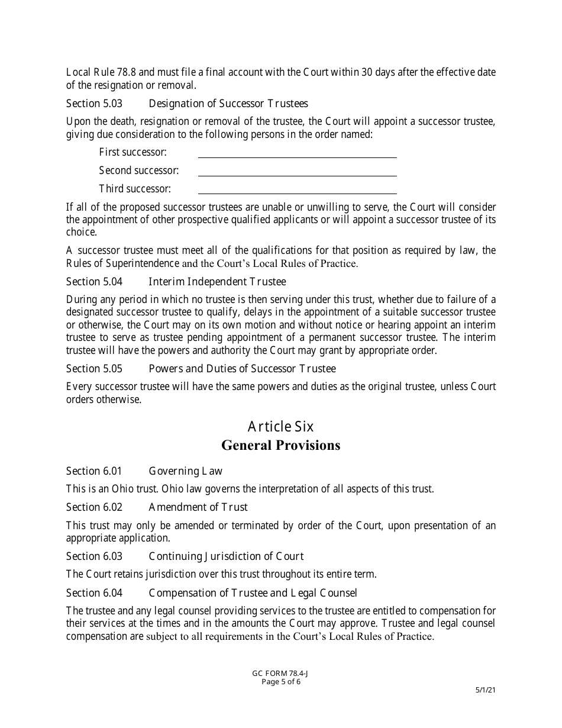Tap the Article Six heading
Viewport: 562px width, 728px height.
[280, 426]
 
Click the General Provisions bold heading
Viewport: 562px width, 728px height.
[280, 446]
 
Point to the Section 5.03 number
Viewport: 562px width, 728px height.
[94, 104]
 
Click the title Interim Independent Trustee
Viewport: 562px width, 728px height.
[217, 282]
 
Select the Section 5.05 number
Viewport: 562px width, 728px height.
[94, 369]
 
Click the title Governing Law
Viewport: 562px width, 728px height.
[185, 471]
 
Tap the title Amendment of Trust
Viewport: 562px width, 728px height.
[198, 507]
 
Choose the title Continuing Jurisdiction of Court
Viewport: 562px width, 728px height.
[226, 556]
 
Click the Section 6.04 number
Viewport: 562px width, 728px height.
[94, 593]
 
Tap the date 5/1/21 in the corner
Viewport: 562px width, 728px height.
[485, 690]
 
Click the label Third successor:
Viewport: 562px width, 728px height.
[135, 189]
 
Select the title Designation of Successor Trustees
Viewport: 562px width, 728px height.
[228, 104]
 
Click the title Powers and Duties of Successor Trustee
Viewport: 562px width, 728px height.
[242, 369]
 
